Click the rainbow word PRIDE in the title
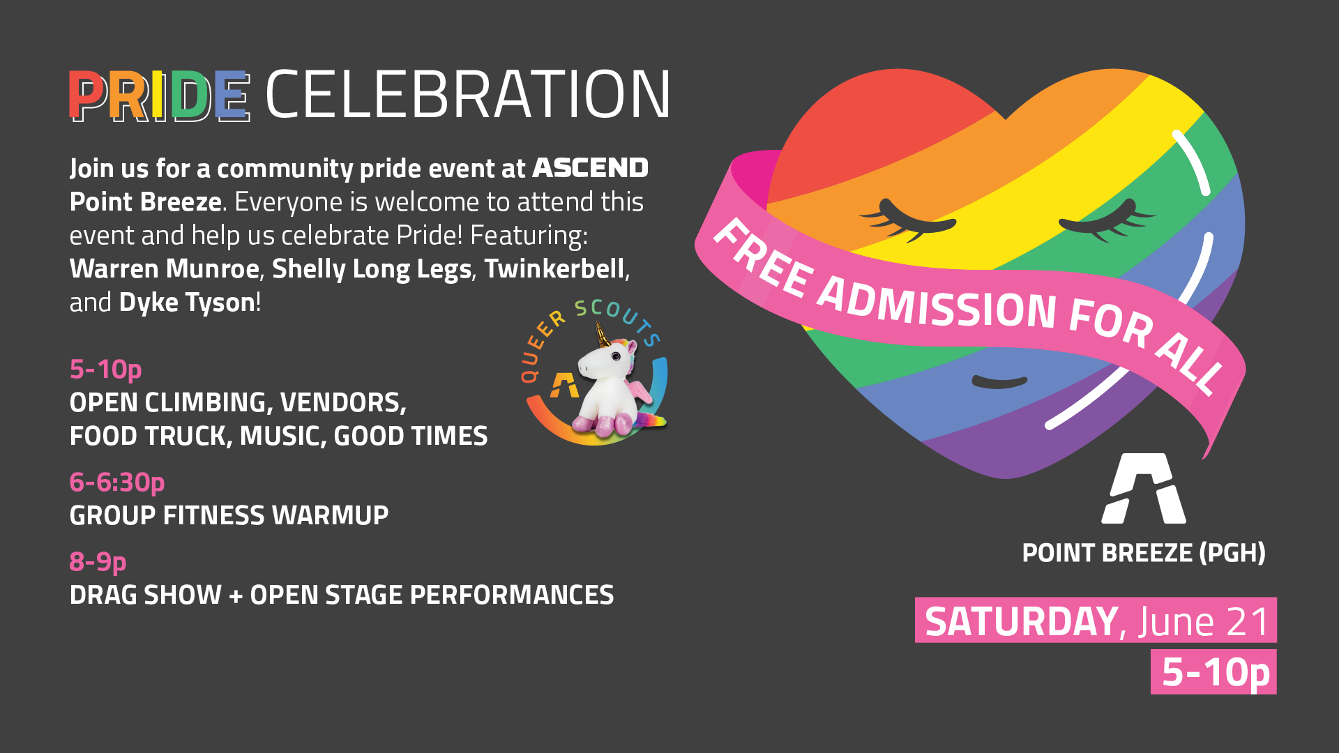click(159, 96)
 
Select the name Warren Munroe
click(165, 268)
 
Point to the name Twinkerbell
click(554, 268)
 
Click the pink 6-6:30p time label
click(117, 482)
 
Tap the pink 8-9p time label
click(98, 562)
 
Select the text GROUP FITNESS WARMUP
click(229, 516)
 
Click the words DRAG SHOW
click(145, 595)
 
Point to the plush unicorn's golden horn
click(602, 335)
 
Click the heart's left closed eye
click(907, 220)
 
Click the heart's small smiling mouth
click(999, 381)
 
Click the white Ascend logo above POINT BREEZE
click(1144, 488)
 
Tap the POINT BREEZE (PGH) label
click(1144, 553)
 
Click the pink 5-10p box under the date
click(1213, 672)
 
